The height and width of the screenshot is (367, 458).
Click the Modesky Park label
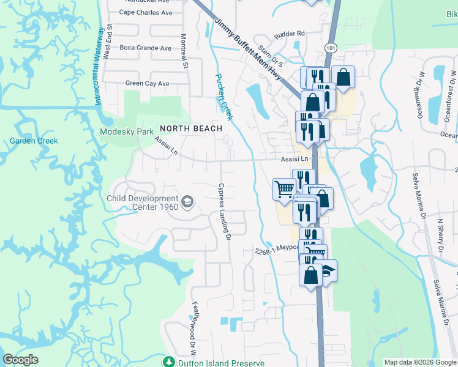pos(127,132)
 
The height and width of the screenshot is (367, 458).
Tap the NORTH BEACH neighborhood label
pos(186,128)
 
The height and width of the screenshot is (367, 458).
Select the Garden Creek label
pos(34,141)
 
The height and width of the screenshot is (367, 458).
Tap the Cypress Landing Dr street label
pos(224,211)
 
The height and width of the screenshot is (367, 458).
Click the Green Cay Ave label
pos(147,83)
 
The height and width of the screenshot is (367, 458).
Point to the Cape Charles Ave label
pos(145,12)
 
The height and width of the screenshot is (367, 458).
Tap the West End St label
pos(110,42)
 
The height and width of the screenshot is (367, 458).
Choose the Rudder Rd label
pos(290,34)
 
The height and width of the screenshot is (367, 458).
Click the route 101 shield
pos(331,47)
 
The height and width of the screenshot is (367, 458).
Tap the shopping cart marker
pos(284,190)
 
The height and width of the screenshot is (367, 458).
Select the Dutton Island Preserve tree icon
pos(168,362)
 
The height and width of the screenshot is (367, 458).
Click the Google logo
pos(21,360)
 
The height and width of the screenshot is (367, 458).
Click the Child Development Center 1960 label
pos(142,202)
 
